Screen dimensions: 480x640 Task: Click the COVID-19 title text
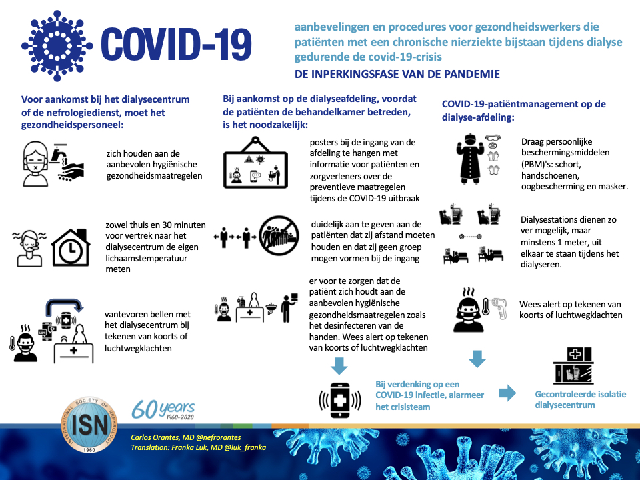click(x=177, y=45)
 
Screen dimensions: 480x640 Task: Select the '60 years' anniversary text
click(x=163, y=407)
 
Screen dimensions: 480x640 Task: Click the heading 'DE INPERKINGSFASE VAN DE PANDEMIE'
click(x=397, y=74)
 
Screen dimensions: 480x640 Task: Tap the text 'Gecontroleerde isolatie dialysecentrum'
click(x=580, y=399)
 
